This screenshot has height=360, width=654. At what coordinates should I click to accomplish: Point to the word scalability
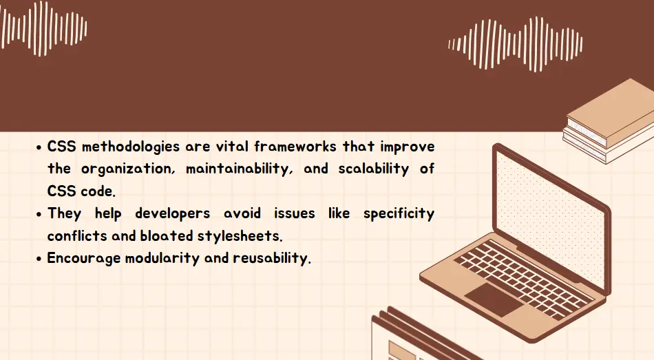[371, 169]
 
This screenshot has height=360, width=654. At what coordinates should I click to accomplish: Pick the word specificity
[399, 214]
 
